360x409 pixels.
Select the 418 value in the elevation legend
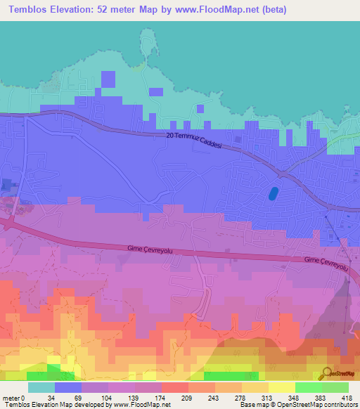point(348,397)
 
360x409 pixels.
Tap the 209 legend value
point(188,397)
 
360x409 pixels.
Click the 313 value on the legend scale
point(269,397)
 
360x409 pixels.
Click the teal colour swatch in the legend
point(41,387)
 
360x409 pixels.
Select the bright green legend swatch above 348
point(309,387)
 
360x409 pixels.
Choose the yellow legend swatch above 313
point(282,387)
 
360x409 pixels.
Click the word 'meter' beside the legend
point(10,397)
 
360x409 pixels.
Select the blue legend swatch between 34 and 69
point(68,387)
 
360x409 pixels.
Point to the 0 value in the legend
point(23,397)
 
